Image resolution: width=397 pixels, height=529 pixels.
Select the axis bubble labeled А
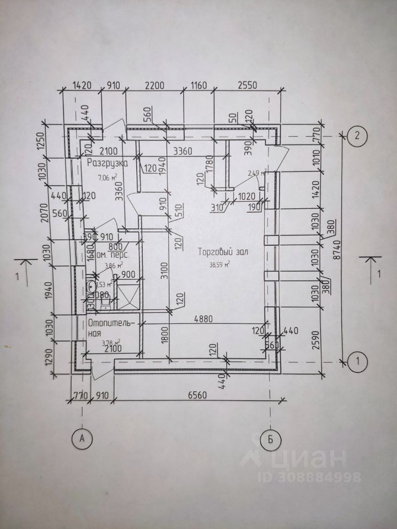(x=82, y=439)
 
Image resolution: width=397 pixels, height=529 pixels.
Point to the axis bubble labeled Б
(x=270, y=439)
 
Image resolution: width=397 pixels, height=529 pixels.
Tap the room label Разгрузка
(x=108, y=163)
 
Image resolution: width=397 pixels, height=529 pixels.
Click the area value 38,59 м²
(x=218, y=264)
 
